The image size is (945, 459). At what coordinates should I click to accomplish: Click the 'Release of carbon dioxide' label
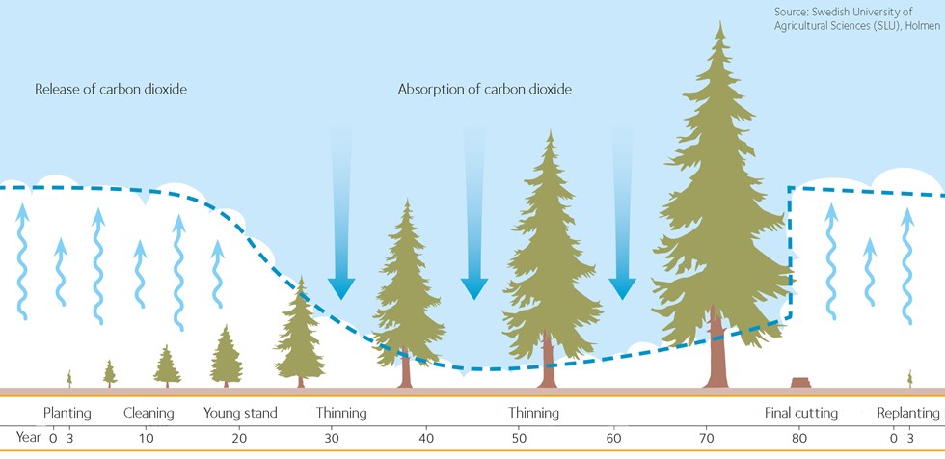coord(111,90)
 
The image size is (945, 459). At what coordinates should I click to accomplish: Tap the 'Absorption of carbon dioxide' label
coord(485,90)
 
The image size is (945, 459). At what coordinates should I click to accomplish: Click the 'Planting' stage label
coord(67,414)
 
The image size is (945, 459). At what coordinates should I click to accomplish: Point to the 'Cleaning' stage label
coord(148,414)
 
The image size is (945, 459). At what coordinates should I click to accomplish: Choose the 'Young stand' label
coord(240,414)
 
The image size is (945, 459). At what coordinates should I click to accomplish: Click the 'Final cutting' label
coord(801,414)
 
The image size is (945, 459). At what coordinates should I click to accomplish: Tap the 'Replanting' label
coord(907,414)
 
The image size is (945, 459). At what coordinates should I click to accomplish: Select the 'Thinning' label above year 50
coord(533,414)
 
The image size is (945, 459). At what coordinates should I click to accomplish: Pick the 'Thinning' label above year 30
coord(341,414)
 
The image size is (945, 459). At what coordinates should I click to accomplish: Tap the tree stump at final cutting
coord(800,383)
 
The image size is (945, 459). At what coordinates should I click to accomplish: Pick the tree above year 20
coord(226,357)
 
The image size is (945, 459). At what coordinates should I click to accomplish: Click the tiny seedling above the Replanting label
coord(909,378)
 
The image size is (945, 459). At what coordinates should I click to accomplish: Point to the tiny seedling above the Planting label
coord(69,378)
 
